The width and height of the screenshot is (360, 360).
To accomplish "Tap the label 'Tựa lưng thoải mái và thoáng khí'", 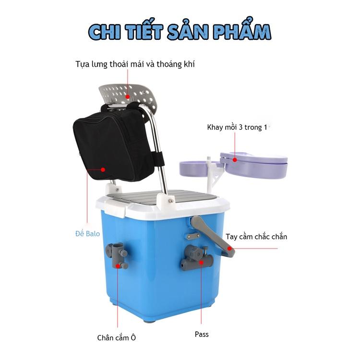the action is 135,64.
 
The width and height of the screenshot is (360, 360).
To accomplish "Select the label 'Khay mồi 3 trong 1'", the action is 237,127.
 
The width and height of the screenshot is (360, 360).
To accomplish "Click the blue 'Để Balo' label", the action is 87,233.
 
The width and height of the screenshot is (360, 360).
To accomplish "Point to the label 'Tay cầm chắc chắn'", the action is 256,237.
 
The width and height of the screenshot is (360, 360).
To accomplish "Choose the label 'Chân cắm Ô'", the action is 117,337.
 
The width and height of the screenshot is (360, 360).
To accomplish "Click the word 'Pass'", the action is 202,334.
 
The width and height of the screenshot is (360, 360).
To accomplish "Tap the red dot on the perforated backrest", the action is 127,96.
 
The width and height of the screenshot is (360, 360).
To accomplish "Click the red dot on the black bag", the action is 103,169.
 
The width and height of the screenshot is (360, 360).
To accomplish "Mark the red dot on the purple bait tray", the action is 235,159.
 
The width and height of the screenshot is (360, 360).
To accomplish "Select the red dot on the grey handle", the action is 229,249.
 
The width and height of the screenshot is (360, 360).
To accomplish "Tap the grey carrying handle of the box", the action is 212,237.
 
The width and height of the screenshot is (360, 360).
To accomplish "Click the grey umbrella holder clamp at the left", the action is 117,255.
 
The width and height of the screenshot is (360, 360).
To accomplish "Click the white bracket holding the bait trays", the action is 213,175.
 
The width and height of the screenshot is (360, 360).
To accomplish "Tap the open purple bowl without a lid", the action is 197,169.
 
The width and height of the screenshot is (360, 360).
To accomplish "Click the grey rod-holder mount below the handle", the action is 196,258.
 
